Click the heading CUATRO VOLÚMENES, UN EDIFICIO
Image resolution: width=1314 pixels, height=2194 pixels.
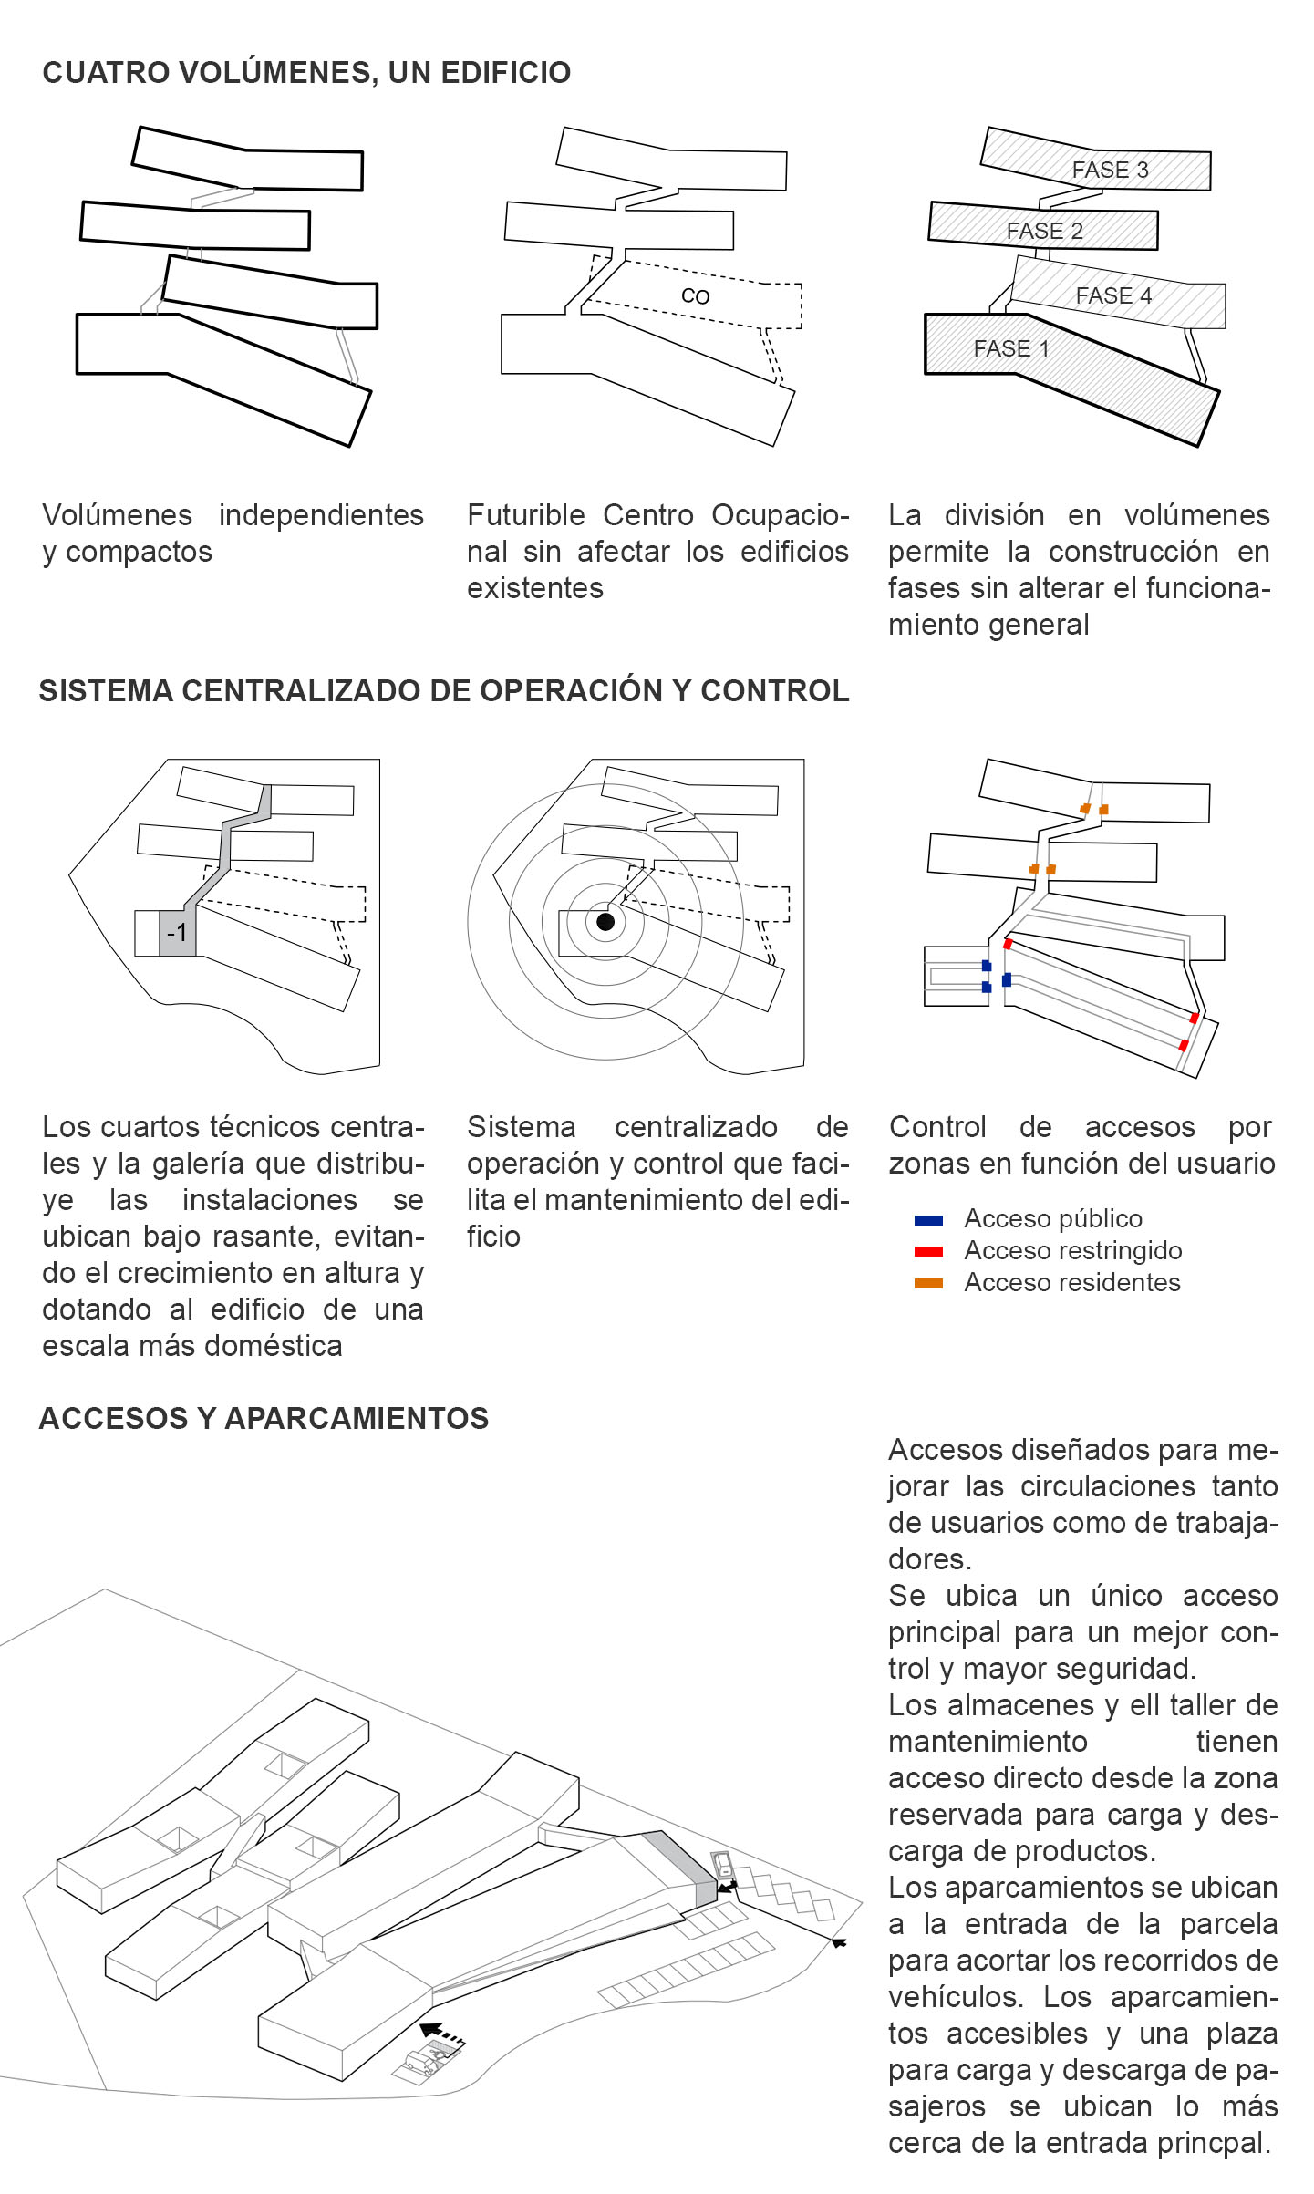306,73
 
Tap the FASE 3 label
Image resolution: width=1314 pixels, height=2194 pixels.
1110,171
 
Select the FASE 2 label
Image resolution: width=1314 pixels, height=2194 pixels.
1044,232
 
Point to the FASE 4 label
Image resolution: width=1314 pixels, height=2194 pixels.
1113,296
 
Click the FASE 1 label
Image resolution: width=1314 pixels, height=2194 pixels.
1011,349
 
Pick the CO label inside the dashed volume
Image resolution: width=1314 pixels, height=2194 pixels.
695,296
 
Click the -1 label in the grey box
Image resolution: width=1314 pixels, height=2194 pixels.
177,933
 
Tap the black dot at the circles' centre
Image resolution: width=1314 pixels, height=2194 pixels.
605,922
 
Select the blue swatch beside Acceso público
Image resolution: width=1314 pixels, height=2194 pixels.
928,1220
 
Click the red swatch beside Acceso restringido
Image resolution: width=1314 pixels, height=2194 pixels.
928,1252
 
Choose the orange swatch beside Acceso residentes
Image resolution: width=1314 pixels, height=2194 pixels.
928,1284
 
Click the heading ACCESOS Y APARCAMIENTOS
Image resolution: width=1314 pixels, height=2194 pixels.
264,1419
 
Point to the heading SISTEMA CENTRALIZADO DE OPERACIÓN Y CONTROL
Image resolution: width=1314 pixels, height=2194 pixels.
443,691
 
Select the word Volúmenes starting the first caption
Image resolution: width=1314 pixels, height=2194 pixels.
117,515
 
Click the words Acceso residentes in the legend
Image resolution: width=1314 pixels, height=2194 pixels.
1071,1283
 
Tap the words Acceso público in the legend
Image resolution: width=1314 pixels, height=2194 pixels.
1052,1219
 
